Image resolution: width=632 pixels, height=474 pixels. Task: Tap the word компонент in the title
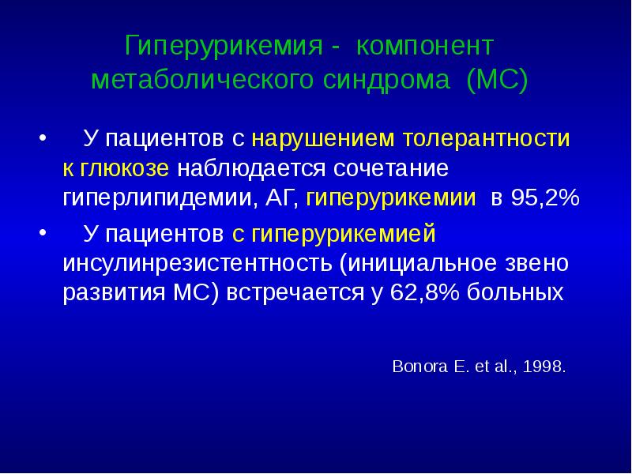pos(425,46)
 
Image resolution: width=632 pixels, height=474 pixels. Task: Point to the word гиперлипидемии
pos(158,197)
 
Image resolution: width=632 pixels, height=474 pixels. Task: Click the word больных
pos(516,292)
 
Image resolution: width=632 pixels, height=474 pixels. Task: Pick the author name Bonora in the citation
pos(416,367)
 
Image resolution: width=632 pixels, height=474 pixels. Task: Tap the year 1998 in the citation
pos(546,367)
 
